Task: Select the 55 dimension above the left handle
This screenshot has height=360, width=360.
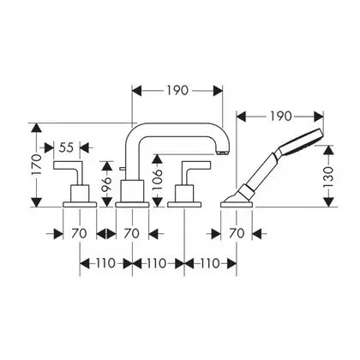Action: point(66,147)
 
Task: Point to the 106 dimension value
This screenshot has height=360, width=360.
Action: point(158,180)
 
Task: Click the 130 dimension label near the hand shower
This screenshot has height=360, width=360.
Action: point(329,177)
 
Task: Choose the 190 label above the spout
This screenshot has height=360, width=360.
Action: point(177,91)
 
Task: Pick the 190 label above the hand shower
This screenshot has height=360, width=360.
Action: point(280,116)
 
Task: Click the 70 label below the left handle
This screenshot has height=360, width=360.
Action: point(79,233)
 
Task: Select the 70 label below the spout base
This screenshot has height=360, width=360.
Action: point(132,233)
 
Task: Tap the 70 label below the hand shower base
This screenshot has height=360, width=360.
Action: point(237,233)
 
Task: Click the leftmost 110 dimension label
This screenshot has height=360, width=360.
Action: point(105,263)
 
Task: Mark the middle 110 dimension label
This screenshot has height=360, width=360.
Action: point(157,263)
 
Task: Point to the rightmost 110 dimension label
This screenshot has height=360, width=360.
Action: point(210,263)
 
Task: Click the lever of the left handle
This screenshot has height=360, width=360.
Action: point(68,165)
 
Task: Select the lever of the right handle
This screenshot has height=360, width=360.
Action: point(196,165)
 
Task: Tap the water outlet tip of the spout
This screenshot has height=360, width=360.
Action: point(223,152)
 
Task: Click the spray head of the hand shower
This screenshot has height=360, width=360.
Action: point(302,141)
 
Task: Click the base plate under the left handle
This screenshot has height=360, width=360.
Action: point(80,204)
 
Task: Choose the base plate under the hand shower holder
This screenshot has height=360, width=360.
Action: point(237,204)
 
